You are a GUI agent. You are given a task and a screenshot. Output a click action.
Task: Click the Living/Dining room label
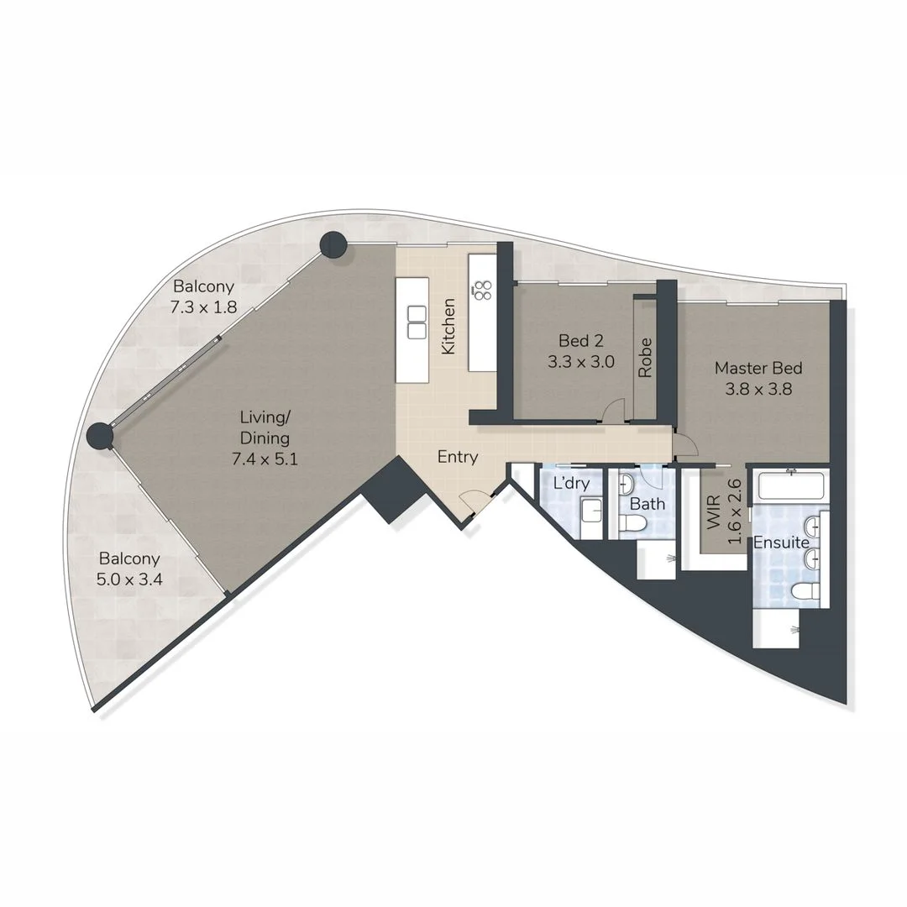coord(265,438)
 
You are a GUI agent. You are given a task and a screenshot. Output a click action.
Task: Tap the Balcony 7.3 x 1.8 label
coord(203,296)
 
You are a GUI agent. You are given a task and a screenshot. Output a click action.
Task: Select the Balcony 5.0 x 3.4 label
coord(129,569)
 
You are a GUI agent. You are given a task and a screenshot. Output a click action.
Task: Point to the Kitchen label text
coord(449,326)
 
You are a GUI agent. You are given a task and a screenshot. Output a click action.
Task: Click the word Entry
coord(458,457)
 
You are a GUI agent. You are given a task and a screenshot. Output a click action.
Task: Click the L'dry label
coord(571,483)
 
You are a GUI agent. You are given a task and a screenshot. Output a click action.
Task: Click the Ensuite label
coord(780,543)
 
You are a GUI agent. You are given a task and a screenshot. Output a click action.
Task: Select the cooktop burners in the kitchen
coord(483,290)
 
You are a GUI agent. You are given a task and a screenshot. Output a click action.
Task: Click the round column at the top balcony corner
coord(333,244)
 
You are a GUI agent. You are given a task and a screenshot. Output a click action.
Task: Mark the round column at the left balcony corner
coord(101,436)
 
